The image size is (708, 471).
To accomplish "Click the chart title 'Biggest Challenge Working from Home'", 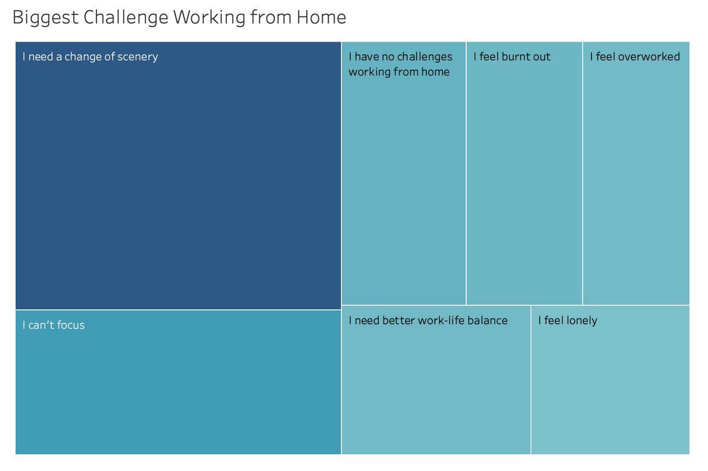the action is coord(179,17).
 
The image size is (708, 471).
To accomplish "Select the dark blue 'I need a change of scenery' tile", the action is coord(179,175).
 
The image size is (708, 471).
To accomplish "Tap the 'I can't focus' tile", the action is coord(179,382).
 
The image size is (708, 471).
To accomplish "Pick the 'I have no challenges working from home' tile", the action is coord(403,174).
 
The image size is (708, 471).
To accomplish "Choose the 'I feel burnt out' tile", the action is coord(524,174).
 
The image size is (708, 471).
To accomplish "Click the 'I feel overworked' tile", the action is coord(636,174).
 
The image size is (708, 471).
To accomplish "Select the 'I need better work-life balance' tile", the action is coord(436,380).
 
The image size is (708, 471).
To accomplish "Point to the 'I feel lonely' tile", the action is coord(610,380).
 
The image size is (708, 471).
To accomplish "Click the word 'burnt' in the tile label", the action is coord(515,57).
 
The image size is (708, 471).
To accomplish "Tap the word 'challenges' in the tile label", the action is coord(425,57).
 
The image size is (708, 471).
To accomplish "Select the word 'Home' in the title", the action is coord(321,17).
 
